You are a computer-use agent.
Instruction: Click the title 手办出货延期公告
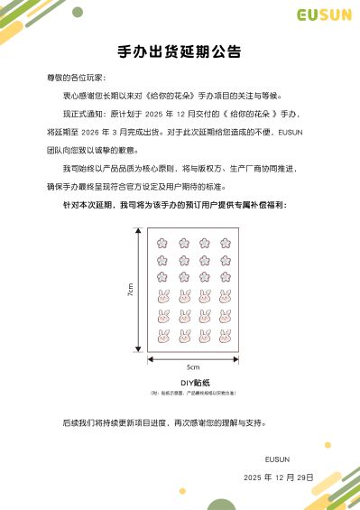[180, 51]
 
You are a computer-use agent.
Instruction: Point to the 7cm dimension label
[130, 290]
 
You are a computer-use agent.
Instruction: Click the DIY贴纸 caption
[192, 384]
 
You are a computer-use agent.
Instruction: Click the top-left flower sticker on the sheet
[163, 243]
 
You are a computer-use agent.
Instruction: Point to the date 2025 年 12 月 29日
[278, 477]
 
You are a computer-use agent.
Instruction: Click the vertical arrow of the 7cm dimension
[138, 290]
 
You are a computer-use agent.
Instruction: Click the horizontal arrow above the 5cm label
[192, 359]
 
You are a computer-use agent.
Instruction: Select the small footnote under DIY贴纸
[192, 394]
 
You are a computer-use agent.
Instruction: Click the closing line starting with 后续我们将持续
[164, 422]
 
